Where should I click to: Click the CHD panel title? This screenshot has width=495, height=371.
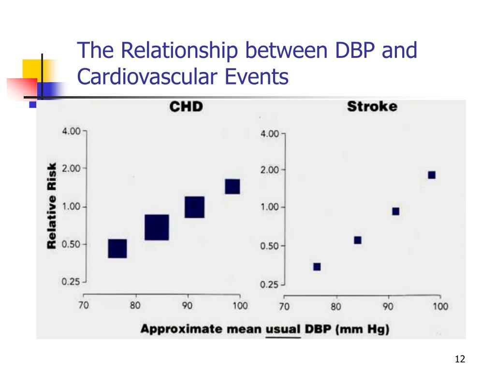click(186, 106)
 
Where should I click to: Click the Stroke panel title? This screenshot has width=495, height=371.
click(372, 106)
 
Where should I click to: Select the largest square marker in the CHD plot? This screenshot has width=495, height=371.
click(157, 228)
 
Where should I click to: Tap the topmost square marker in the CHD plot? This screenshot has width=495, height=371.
click(232, 186)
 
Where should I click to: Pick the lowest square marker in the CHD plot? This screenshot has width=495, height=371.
click(117, 248)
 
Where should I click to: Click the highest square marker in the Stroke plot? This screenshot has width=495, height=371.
click(432, 175)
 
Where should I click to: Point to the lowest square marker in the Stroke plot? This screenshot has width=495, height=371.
click(317, 267)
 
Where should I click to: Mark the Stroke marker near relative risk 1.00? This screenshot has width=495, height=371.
click(395, 211)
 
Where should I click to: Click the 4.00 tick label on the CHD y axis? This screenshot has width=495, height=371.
click(71, 131)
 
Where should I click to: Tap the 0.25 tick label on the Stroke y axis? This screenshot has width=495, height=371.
click(270, 285)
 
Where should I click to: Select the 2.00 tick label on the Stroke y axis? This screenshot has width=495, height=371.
click(270, 170)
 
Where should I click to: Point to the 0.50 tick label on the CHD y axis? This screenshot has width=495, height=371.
click(71, 244)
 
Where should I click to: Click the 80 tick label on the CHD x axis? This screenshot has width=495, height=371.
click(135, 305)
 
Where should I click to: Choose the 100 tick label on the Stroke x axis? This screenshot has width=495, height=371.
click(440, 306)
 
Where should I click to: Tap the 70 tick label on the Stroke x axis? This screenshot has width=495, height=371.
click(284, 306)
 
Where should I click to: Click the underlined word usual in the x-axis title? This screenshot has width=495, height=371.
click(283, 329)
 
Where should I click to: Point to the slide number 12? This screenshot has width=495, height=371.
click(459, 359)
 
